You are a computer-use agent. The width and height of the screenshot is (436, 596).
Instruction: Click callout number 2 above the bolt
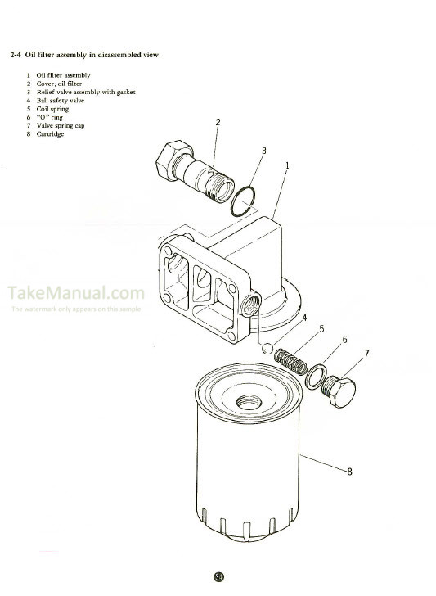coord(218,123)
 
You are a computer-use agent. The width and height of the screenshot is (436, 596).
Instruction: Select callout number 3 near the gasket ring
coord(263,151)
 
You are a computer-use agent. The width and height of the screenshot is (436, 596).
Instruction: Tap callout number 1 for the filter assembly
coord(287,165)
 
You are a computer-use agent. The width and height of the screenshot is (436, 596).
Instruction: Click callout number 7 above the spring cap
coord(367,354)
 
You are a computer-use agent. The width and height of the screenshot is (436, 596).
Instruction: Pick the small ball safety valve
coord(267,348)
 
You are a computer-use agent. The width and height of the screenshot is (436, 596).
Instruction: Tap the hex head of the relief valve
coord(169,163)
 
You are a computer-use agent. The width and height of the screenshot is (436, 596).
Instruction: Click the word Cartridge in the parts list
coord(50,134)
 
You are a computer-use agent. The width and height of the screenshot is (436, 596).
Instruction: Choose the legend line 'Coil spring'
coord(52,109)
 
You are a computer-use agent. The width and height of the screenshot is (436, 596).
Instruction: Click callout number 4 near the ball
coord(304,317)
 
